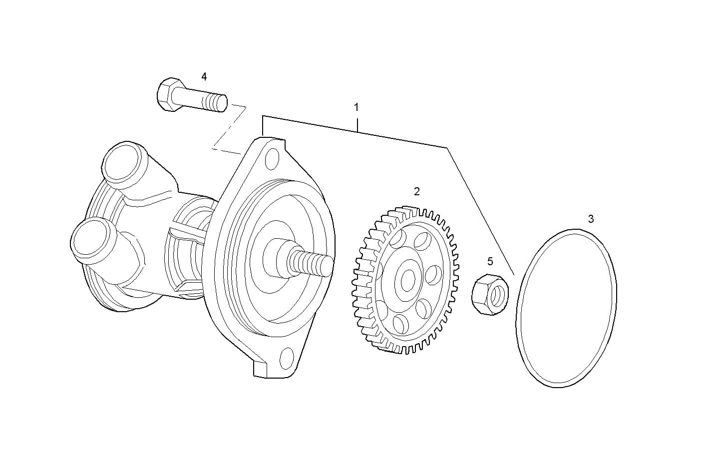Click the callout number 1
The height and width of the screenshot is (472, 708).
tap(356, 107)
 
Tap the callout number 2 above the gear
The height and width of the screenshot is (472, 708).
tap(417, 191)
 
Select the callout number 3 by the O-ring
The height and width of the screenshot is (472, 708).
tap(591, 219)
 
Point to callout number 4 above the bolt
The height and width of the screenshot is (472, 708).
tap(204, 76)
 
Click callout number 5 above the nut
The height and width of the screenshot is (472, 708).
tap(490, 261)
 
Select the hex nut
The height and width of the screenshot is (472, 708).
tap(490, 295)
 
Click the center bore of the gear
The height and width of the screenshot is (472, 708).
tap(409, 280)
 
